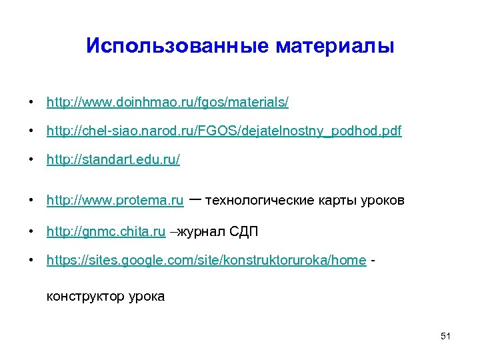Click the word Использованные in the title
click(177, 46)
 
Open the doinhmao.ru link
click(167, 103)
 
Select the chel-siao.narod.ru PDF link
click(224, 131)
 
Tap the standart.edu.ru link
click(113, 161)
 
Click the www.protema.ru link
click(115, 201)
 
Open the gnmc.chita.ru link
click(106, 232)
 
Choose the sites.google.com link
click(206, 261)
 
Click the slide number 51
click(446, 336)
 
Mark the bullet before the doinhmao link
click(31, 103)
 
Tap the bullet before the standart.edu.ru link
click(31, 161)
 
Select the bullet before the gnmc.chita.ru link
click(31, 232)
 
